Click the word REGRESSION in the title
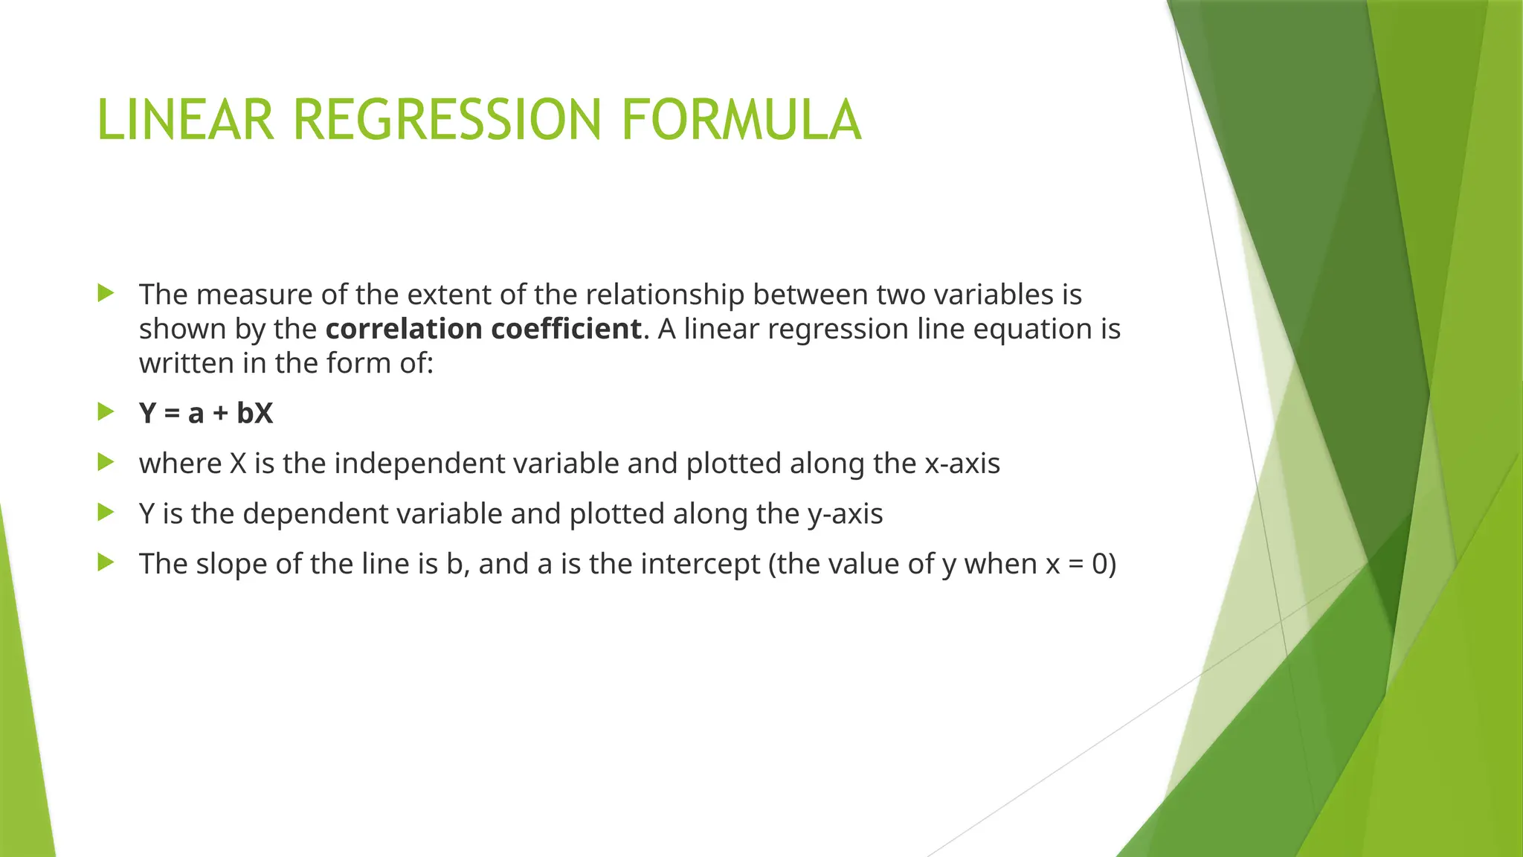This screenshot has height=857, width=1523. [x=446, y=120]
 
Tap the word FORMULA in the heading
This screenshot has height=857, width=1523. [x=741, y=120]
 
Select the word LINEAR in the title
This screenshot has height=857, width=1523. [x=185, y=120]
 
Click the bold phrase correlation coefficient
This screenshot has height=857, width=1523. [x=483, y=329]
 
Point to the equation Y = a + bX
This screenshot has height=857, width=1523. [x=206, y=414]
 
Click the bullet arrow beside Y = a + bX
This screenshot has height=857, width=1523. [x=106, y=411]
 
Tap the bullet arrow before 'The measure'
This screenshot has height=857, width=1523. [x=106, y=293]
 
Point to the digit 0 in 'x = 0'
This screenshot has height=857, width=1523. [x=1100, y=564]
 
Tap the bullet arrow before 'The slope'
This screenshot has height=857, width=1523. [x=106, y=562]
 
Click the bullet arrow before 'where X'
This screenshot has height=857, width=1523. [x=106, y=462]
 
